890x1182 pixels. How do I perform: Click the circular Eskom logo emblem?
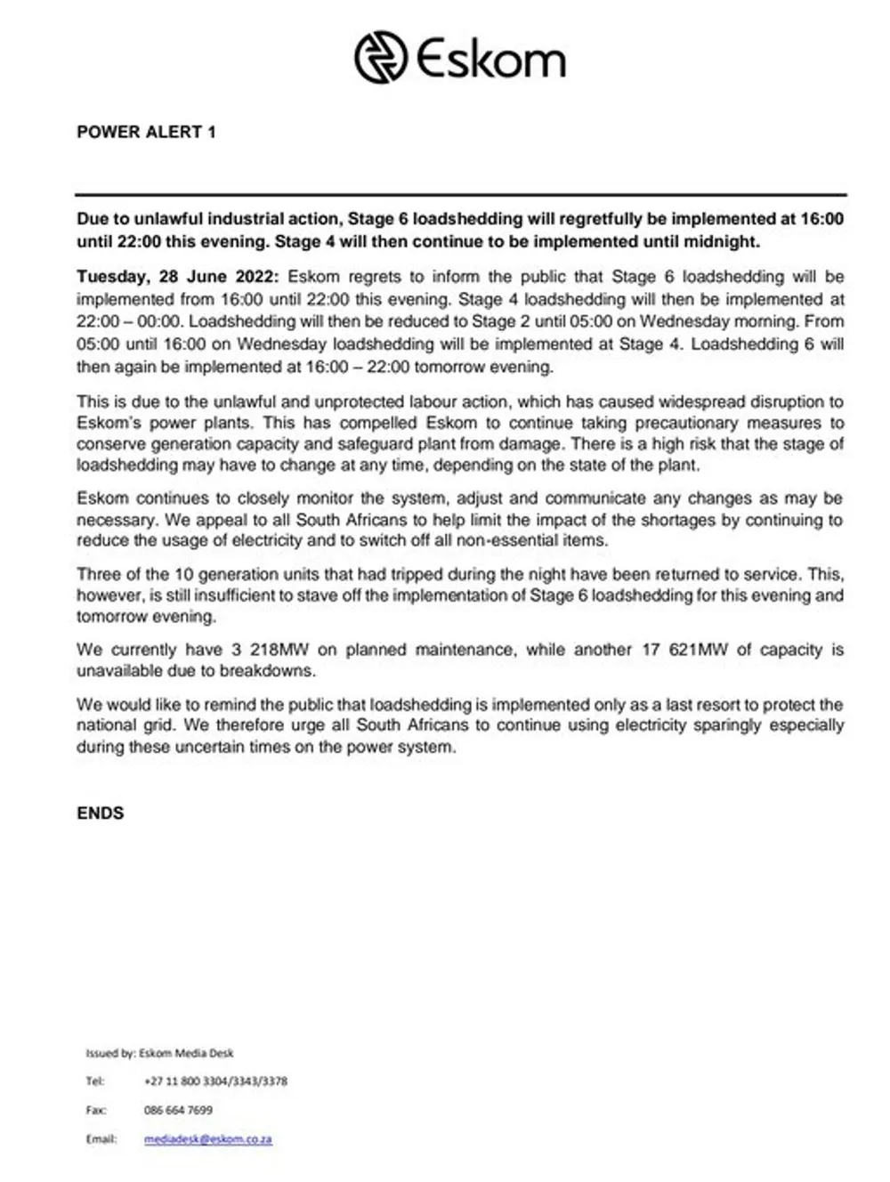click(x=380, y=58)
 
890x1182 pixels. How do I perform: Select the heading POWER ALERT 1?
click(x=146, y=133)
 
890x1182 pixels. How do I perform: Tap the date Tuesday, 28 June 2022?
click(x=177, y=277)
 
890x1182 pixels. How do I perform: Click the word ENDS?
click(x=101, y=813)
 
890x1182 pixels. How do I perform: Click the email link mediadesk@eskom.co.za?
click(x=207, y=1138)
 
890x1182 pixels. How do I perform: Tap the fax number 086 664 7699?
click(x=178, y=1110)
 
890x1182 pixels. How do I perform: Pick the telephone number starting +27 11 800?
click(x=215, y=1081)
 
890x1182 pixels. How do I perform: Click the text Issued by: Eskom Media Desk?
click(x=159, y=1053)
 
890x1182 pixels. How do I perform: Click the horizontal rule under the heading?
click(x=461, y=194)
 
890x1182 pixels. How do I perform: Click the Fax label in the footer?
click(x=95, y=1110)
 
